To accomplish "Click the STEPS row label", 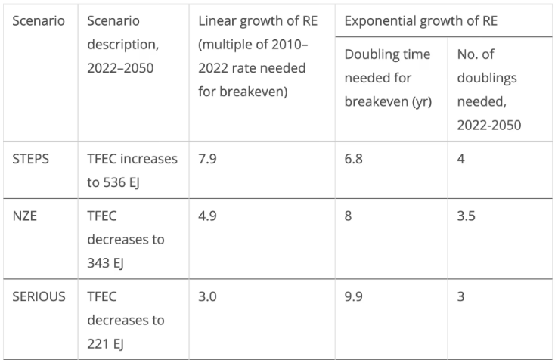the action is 30,159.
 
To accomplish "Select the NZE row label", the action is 24,216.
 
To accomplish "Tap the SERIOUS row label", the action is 39,296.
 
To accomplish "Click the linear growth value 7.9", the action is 207,159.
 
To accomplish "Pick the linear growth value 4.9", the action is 207,216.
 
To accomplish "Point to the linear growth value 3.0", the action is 207,296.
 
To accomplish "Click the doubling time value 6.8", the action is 354,159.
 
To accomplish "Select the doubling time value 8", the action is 349,216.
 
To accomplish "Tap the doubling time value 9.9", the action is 354,296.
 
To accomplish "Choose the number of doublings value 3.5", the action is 467,216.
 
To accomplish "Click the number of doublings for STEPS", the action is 460,159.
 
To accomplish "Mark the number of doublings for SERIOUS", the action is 460,296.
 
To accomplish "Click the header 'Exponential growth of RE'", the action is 421,21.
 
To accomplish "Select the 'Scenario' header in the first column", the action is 39,21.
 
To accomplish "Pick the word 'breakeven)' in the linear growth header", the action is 253,92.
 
